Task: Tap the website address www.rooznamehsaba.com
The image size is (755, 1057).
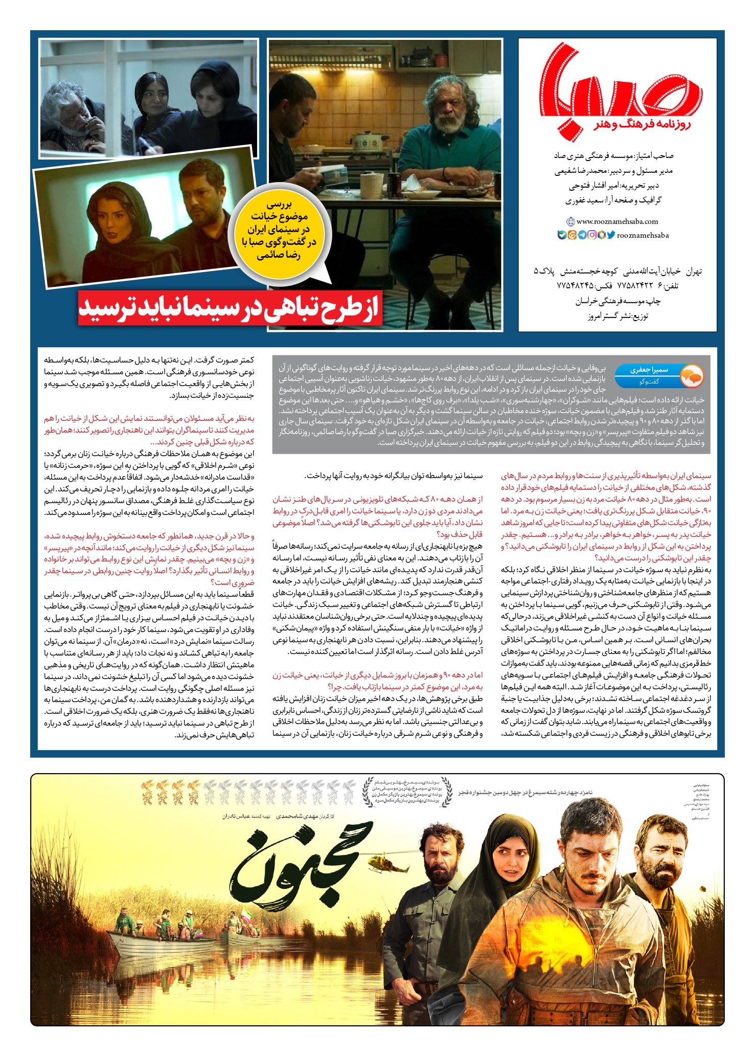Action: click(x=617, y=221)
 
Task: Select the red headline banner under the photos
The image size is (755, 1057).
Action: click(x=230, y=307)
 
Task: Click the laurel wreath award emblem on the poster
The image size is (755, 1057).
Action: click(x=406, y=792)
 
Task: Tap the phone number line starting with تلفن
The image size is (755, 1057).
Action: click(x=617, y=285)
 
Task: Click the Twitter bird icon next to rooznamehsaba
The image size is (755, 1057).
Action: click(x=611, y=235)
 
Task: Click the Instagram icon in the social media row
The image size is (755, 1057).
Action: click(x=591, y=235)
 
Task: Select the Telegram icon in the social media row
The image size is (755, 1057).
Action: click(x=582, y=235)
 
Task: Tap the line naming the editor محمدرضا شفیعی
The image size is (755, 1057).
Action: click(x=613, y=171)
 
